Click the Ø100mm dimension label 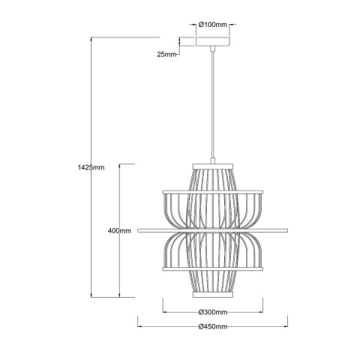point(213,25)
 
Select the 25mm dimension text point(167,55)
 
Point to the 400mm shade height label point(120,230)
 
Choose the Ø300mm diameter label point(213,312)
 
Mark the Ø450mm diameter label point(213,327)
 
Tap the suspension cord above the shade point(213,105)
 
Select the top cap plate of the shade point(213,163)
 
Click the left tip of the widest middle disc point(139,229)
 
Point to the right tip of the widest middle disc point(286,229)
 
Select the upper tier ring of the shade point(213,193)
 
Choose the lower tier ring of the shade point(213,267)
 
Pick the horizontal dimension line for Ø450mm point(165,327)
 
